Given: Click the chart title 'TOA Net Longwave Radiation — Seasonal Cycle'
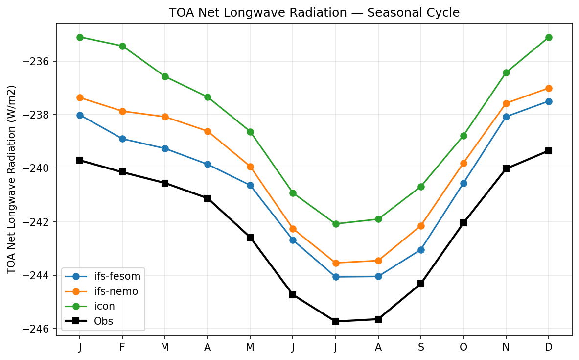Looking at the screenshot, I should point(314,13).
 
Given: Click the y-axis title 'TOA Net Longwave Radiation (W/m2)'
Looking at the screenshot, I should point(12,179).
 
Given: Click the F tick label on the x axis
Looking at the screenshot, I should point(122,347).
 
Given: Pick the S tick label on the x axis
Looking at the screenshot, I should point(421,347).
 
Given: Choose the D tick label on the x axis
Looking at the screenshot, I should point(549,347).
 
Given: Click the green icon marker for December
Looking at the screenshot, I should point(549,37).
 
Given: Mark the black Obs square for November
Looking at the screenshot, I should point(506,168).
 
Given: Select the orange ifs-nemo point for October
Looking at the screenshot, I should point(463,163).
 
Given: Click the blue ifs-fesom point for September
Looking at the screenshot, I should point(421,250).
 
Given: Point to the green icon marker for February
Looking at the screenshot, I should point(122,46).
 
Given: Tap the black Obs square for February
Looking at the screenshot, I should point(122,172).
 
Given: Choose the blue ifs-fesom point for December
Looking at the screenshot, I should point(549,101).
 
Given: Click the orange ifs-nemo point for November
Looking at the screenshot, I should point(506,103).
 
